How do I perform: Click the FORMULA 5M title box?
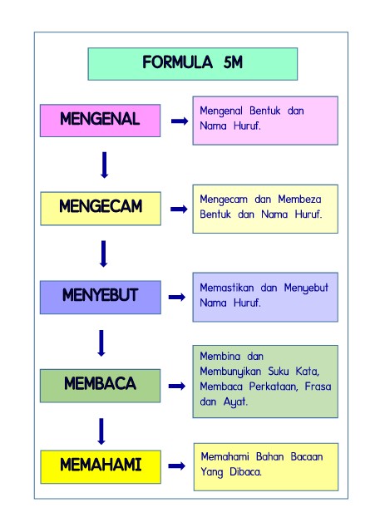point(192,64)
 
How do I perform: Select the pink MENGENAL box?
point(100,121)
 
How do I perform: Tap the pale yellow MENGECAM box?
point(101,209)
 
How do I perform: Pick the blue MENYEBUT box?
point(101,298)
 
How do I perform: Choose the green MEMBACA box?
point(100,386)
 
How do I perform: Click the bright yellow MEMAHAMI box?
point(101,467)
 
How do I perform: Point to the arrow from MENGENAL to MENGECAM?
point(105,165)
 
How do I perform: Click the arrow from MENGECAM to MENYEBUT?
point(103,254)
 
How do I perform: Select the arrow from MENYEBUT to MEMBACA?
point(101,343)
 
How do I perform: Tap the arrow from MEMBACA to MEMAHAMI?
point(101,431)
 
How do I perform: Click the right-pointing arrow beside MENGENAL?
point(180,121)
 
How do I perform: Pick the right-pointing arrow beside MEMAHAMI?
point(177,465)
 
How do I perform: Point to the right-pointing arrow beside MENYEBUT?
point(177,298)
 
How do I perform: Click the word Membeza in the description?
point(299,199)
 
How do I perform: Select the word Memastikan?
point(227,288)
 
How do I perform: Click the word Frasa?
point(318,387)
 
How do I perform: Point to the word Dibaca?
point(245,472)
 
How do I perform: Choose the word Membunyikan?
point(230,372)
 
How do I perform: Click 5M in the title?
point(233,62)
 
